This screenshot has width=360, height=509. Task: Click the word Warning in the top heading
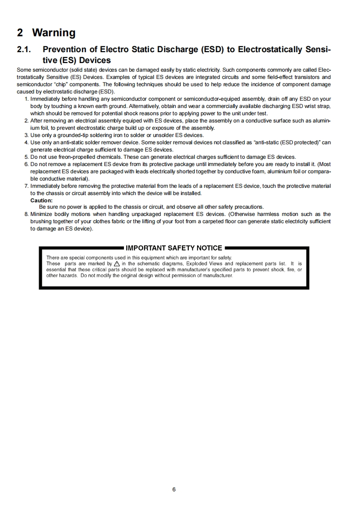[x=54, y=33]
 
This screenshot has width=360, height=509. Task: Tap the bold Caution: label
[x=41, y=200]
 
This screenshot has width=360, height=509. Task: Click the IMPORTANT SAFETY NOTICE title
[x=174, y=248]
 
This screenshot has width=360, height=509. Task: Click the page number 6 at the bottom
[x=174, y=489]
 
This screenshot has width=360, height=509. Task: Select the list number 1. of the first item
[x=27, y=98]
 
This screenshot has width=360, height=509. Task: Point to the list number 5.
[x=27, y=157]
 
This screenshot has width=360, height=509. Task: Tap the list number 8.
[x=27, y=214]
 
